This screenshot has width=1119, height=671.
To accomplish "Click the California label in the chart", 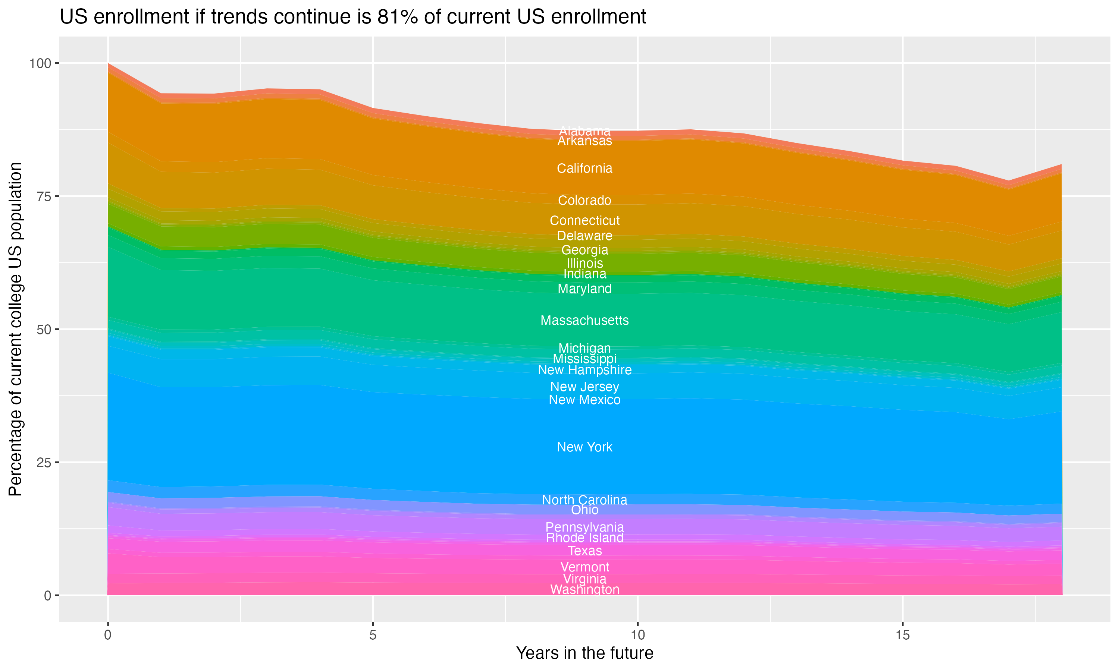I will pyautogui.click(x=584, y=168).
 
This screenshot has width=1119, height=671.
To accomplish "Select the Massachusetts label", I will pyautogui.click(x=584, y=320).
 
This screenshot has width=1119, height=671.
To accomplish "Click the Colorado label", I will pyautogui.click(x=584, y=200).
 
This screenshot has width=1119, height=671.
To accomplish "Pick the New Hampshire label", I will pyautogui.click(x=584, y=370).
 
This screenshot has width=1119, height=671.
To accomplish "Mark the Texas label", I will pyautogui.click(x=584, y=551).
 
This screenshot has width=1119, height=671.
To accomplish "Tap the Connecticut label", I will pyautogui.click(x=584, y=220).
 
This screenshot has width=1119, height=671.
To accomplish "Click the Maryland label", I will pyautogui.click(x=584, y=289).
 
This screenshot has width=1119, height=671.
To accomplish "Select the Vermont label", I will pyautogui.click(x=584, y=567).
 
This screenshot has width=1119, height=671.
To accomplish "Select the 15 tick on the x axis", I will pyautogui.click(x=902, y=635).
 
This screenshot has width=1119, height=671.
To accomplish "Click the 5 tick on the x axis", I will pyautogui.click(x=373, y=635).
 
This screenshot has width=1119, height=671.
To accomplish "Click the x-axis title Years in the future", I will pyautogui.click(x=584, y=653).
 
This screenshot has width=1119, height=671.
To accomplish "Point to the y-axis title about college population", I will pyautogui.click(x=15, y=329).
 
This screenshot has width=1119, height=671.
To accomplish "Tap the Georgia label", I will pyautogui.click(x=584, y=250).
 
